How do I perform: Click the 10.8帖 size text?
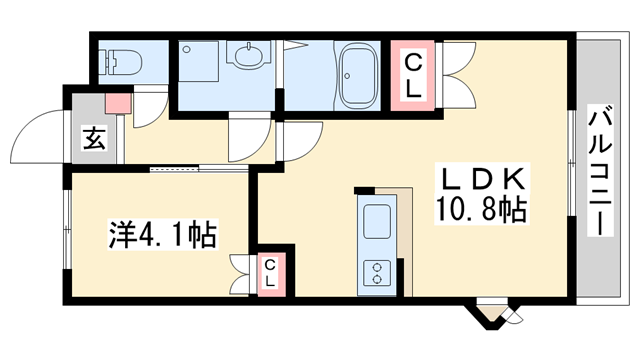click(481, 210)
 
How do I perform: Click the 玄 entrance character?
click(93, 140)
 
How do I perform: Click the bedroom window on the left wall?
click(66, 236)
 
